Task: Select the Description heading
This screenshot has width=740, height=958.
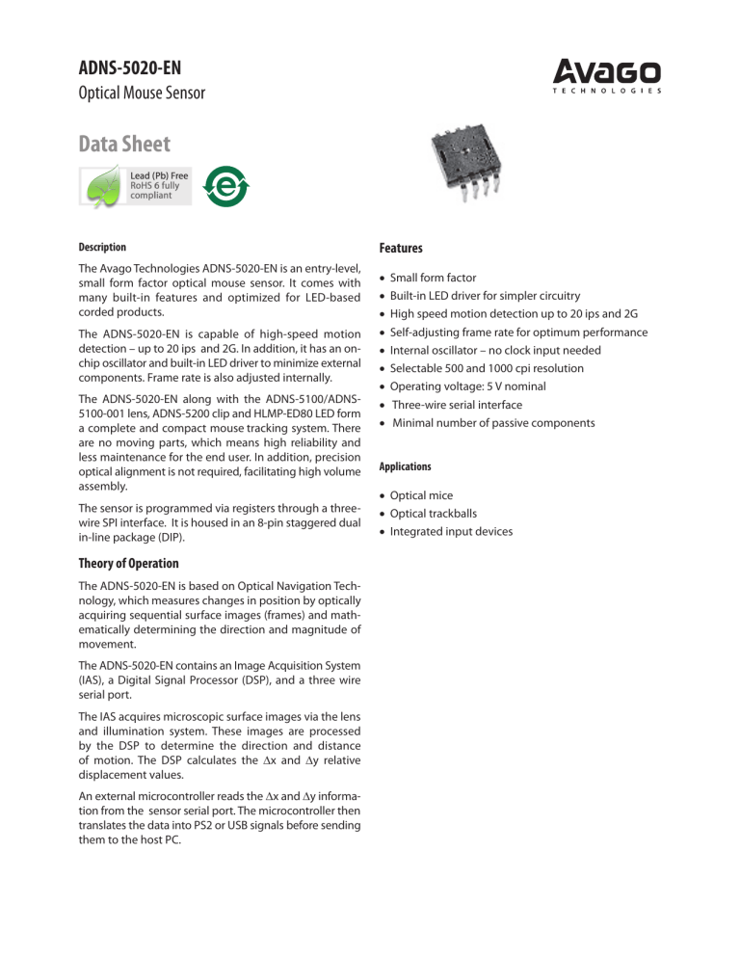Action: tap(102, 248)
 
